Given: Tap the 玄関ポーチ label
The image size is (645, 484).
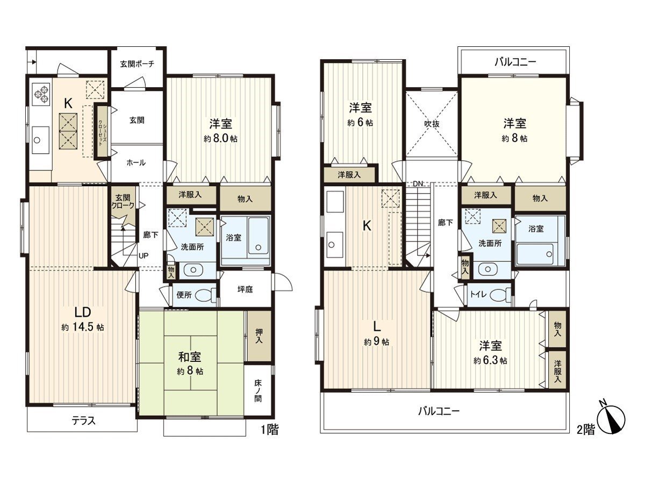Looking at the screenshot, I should click(x=137, y=63).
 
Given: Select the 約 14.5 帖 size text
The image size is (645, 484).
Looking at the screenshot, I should click(x=82, y=328).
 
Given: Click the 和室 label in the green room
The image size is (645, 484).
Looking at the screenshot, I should click(x=190, y=356).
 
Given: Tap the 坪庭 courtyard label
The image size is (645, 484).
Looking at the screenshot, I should click(x=245, y=289).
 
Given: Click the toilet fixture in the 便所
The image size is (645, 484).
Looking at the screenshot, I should click(x=204, y=295).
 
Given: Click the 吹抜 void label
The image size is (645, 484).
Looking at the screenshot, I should click(x=432, y=123).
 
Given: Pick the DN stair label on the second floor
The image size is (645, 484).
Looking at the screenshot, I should click(x=418, y=184).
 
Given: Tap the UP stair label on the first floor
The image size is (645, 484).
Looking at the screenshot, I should click(x=144, y=255).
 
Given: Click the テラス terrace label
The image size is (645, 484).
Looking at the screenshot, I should click(x=83, y=421).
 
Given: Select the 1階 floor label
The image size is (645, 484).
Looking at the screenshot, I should click(x=270, y=430).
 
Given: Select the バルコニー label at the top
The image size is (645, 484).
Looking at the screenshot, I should click(x=515, y=62).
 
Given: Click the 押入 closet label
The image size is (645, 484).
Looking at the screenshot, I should click(x=258, y=337).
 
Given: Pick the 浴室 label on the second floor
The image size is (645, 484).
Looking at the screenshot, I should click(x=536, y=229).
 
